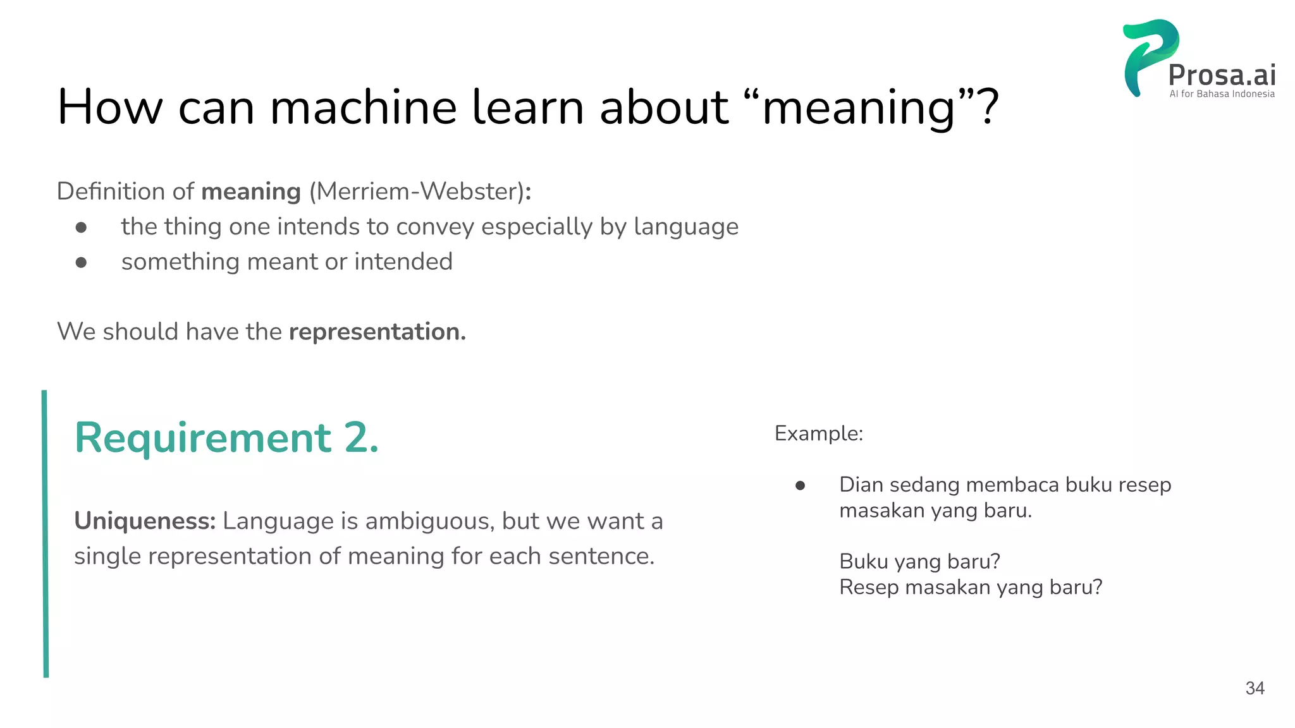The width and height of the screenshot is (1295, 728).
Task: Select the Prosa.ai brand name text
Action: tap(1222, 75)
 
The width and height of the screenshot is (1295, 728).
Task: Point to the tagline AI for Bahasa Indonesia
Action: tap(1222, 94)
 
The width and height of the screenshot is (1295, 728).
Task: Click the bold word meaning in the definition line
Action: tap(250, 191)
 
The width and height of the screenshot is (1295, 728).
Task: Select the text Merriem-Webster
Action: tap(417, 191)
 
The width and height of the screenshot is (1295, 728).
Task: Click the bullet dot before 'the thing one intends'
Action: tap(81, 227)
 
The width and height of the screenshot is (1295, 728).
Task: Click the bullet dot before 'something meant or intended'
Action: tap(81, 262)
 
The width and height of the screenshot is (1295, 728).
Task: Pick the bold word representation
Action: tap(377, 332)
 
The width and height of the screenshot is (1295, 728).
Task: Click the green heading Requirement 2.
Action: tap(226, 437)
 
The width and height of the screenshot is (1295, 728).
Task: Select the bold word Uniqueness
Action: tap(145, 521)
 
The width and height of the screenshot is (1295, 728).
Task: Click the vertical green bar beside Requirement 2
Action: tap(46, 534)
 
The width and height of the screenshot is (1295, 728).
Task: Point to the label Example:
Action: tap(819, 434)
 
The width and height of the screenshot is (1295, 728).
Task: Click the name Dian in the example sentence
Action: tap(861, 485)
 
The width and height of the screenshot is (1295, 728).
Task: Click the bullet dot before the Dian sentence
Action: tap(800, 485)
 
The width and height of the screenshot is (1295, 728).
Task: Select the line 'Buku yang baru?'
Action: tap(919, 561)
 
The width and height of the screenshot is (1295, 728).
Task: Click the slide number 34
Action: tap(1255, 688)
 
